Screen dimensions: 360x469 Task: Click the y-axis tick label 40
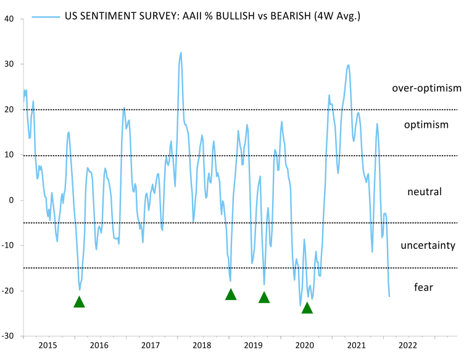(x=10, y=19)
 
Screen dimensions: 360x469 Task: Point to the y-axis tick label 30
(x=10, y=64)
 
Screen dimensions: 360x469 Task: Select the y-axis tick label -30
(x=9, y=337)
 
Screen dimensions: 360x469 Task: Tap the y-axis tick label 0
(x=12, y=200)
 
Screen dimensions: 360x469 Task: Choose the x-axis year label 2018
(x=202, y=345)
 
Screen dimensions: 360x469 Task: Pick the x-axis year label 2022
(x=409, y=345)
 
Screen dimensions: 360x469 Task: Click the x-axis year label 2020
(x=306, y=345)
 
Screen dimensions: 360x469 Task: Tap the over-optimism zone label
(x=426, y=88)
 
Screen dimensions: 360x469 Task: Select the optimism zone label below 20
(x=426, y=125)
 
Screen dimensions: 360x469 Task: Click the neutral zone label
(x=425, y=192)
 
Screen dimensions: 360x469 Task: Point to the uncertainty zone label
(x=428, y=246)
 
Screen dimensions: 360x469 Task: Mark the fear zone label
(x=423, y=287)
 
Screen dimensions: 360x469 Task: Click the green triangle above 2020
(x=307, y=308)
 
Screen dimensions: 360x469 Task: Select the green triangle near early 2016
(x=79, y=302)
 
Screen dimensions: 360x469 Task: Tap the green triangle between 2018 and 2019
(x=231, y=295)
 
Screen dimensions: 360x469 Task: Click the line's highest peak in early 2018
(x=181, y=52)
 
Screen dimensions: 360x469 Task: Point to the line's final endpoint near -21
(x=389, y=296)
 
